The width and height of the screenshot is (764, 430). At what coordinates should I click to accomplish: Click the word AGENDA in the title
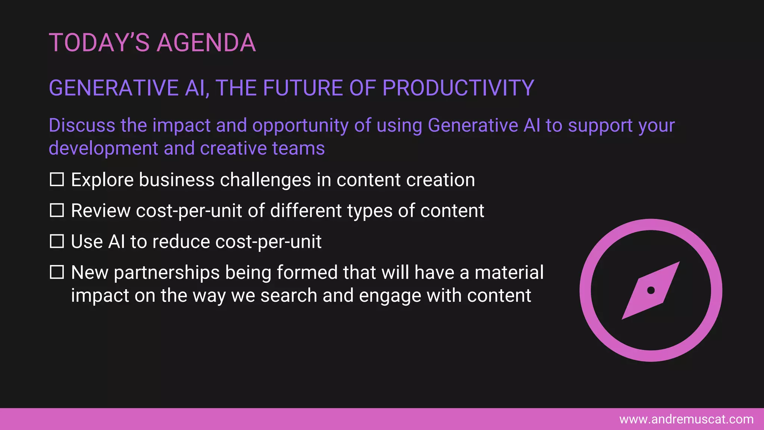(x=206, y=43)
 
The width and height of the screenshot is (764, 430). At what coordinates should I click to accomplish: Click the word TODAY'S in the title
(x=99, y=43)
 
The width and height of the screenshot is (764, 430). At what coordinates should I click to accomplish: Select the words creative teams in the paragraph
(x=262, y=149)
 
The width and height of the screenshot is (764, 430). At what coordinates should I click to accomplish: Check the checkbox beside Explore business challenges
(x=57, y=180)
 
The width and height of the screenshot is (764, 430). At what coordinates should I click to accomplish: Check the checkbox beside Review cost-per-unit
(x=57, y=211)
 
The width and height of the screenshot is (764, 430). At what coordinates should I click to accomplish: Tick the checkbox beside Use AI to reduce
(x=57, y=242)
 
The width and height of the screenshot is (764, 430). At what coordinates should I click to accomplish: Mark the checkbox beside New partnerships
(x=57, y=272)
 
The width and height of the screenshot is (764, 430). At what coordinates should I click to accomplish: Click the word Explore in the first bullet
(x=102, y=180)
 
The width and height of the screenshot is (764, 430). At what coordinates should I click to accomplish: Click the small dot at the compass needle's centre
(x=651, y=290)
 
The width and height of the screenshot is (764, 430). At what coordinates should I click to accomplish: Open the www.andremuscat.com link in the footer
(x=686, y=420)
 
